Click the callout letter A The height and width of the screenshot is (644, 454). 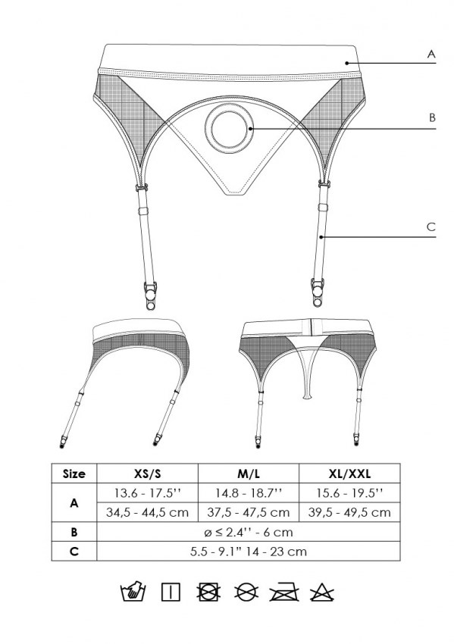pos(431,55)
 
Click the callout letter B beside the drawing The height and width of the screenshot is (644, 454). pos(431,117)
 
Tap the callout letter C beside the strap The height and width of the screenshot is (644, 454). pos(431,227)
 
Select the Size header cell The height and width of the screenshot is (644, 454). pos(74,474)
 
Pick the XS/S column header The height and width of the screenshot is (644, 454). pos(147,474)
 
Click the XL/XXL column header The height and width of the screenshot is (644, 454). pos(349,474)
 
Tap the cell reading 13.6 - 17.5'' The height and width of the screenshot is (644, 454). pos(147,493)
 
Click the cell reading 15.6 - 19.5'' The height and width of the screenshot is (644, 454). pos(349,493)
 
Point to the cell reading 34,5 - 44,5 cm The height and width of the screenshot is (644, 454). pos(147,512)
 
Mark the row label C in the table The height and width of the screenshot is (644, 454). pos(74,551)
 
